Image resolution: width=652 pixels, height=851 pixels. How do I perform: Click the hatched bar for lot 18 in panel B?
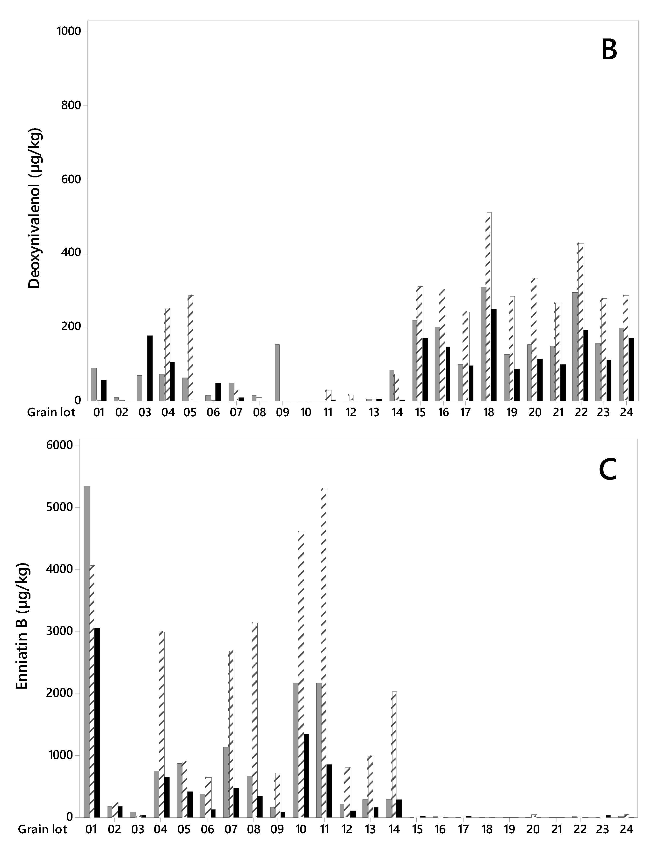point(489,307)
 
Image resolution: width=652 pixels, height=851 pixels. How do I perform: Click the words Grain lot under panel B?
point(51,412)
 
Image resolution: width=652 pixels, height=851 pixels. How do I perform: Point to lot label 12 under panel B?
point(351,412)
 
